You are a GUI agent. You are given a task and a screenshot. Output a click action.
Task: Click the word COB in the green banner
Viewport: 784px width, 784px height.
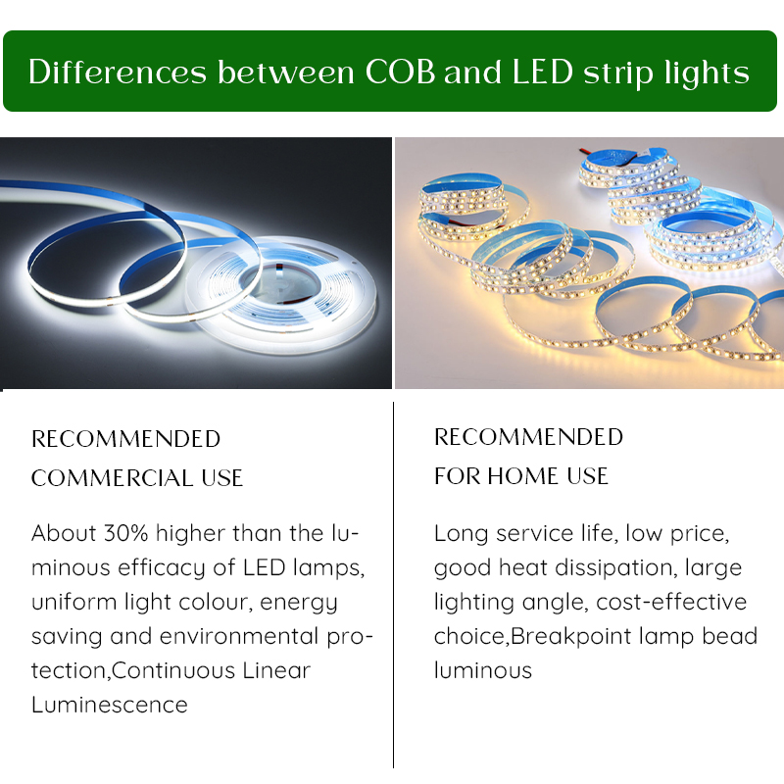click(x=400, y=73)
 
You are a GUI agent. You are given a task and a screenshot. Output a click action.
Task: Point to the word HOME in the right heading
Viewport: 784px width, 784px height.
click(x=524, y=476)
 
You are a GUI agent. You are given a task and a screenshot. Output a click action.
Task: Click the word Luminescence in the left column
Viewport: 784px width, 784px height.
click(x=109, y=705)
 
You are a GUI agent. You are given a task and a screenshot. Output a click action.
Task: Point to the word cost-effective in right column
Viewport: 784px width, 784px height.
click(x=671, y=602)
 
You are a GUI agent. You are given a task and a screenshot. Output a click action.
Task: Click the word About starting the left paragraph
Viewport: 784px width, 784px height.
click(x=63, y=534)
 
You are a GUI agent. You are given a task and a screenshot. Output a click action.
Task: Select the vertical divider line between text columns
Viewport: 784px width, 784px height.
click(x=393, y=588)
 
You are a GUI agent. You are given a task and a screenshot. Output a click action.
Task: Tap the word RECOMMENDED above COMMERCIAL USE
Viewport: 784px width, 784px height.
click(x=125, y=439)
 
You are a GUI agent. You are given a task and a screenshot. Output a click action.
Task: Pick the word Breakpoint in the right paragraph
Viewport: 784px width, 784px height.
click(x=570, y=636)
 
